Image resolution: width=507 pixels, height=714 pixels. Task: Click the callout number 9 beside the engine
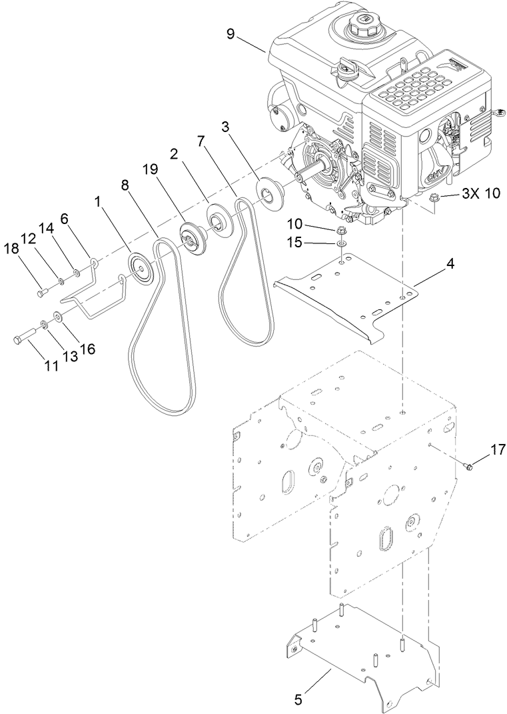[x=231, y=34]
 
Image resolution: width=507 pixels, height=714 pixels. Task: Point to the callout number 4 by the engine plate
[x=450, y=265]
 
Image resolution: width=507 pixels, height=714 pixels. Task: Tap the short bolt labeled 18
[x=43, y=291]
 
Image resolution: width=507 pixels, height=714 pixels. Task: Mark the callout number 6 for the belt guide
[x=65, y=218]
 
